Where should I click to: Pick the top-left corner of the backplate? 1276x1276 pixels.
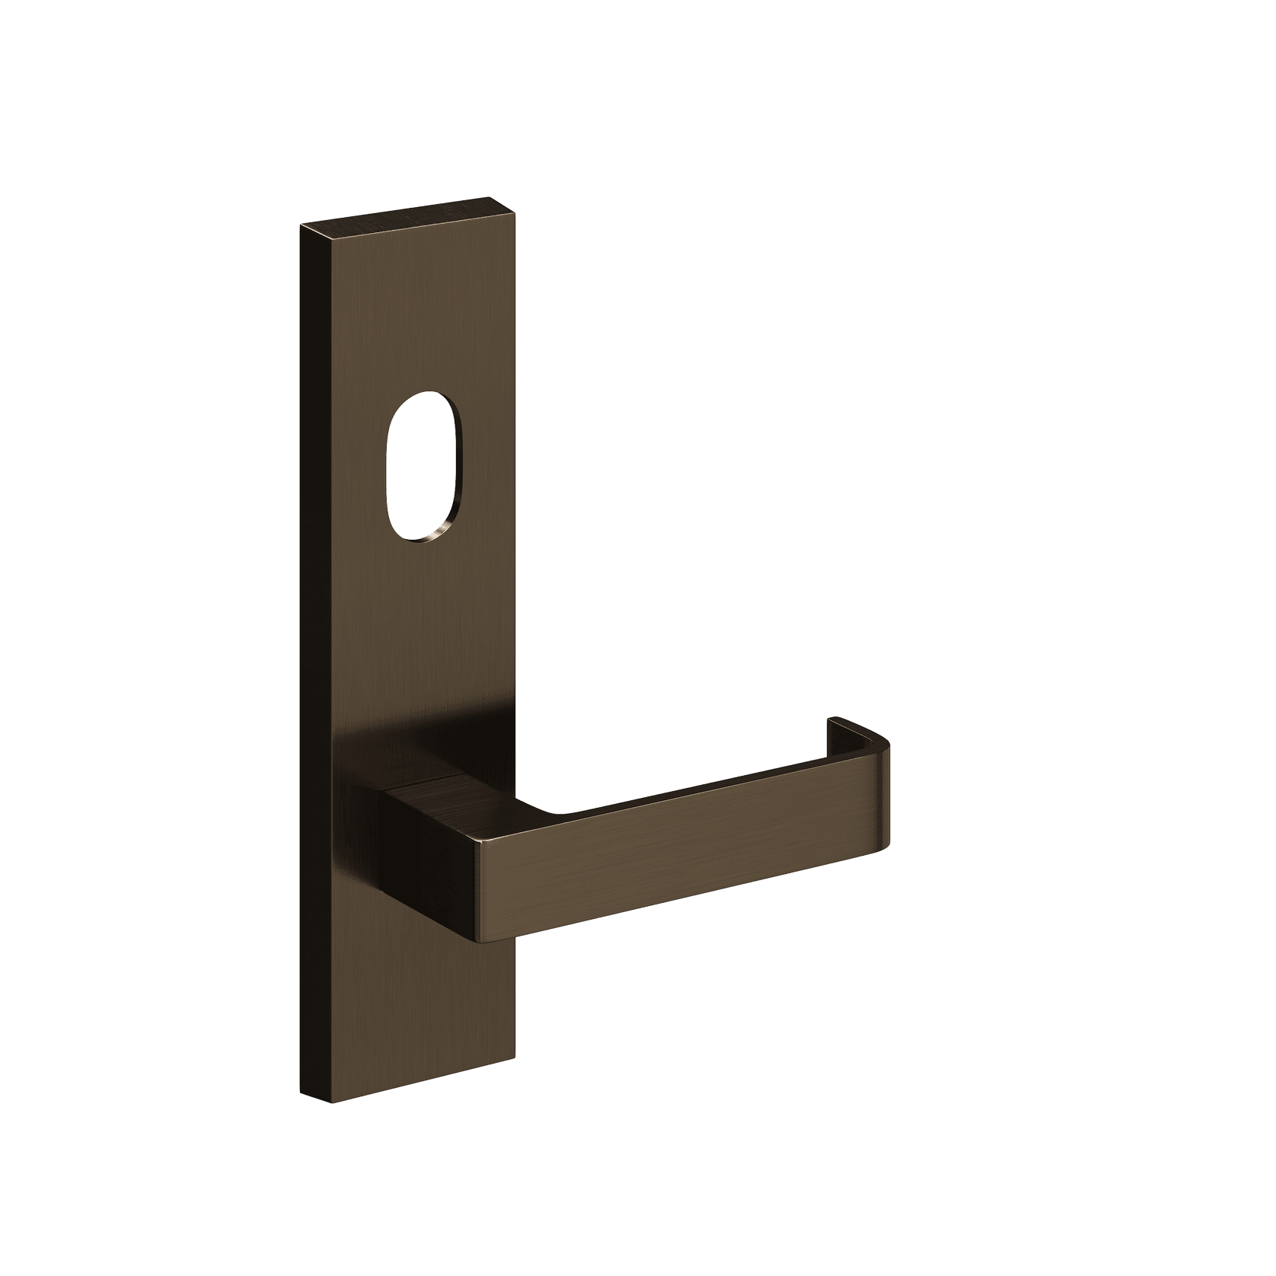coord(303,226)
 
